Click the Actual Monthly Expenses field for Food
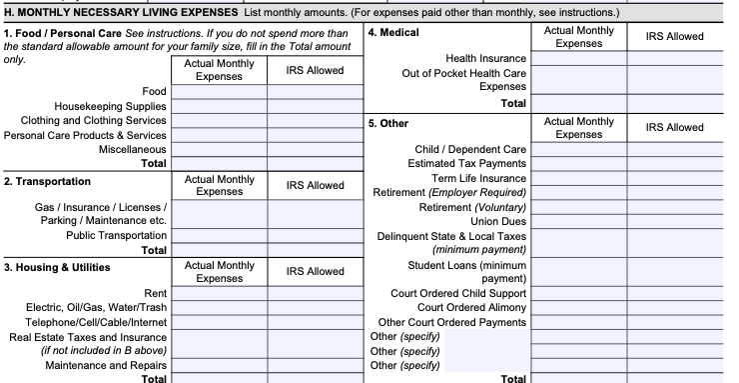[219, 92]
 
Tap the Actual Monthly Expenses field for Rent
[219, 293]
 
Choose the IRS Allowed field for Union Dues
[676, 221]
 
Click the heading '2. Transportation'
[48, 182]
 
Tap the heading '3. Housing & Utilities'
[57, 268]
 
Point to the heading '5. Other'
[388, 123]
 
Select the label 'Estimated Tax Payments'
[466, 164]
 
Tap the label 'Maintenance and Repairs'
[106, 365]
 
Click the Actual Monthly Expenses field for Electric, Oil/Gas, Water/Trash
[219, 307]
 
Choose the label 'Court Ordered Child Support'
[458, 293]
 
